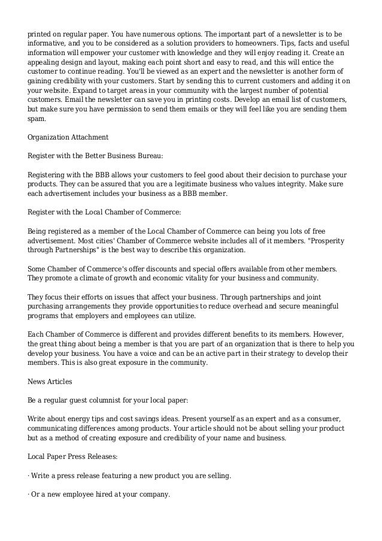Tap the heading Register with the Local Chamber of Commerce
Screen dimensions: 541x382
click(x=104, y=211)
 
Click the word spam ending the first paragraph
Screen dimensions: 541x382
click(x=37, y=119)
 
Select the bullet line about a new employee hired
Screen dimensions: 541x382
click(x=99, y=495)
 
